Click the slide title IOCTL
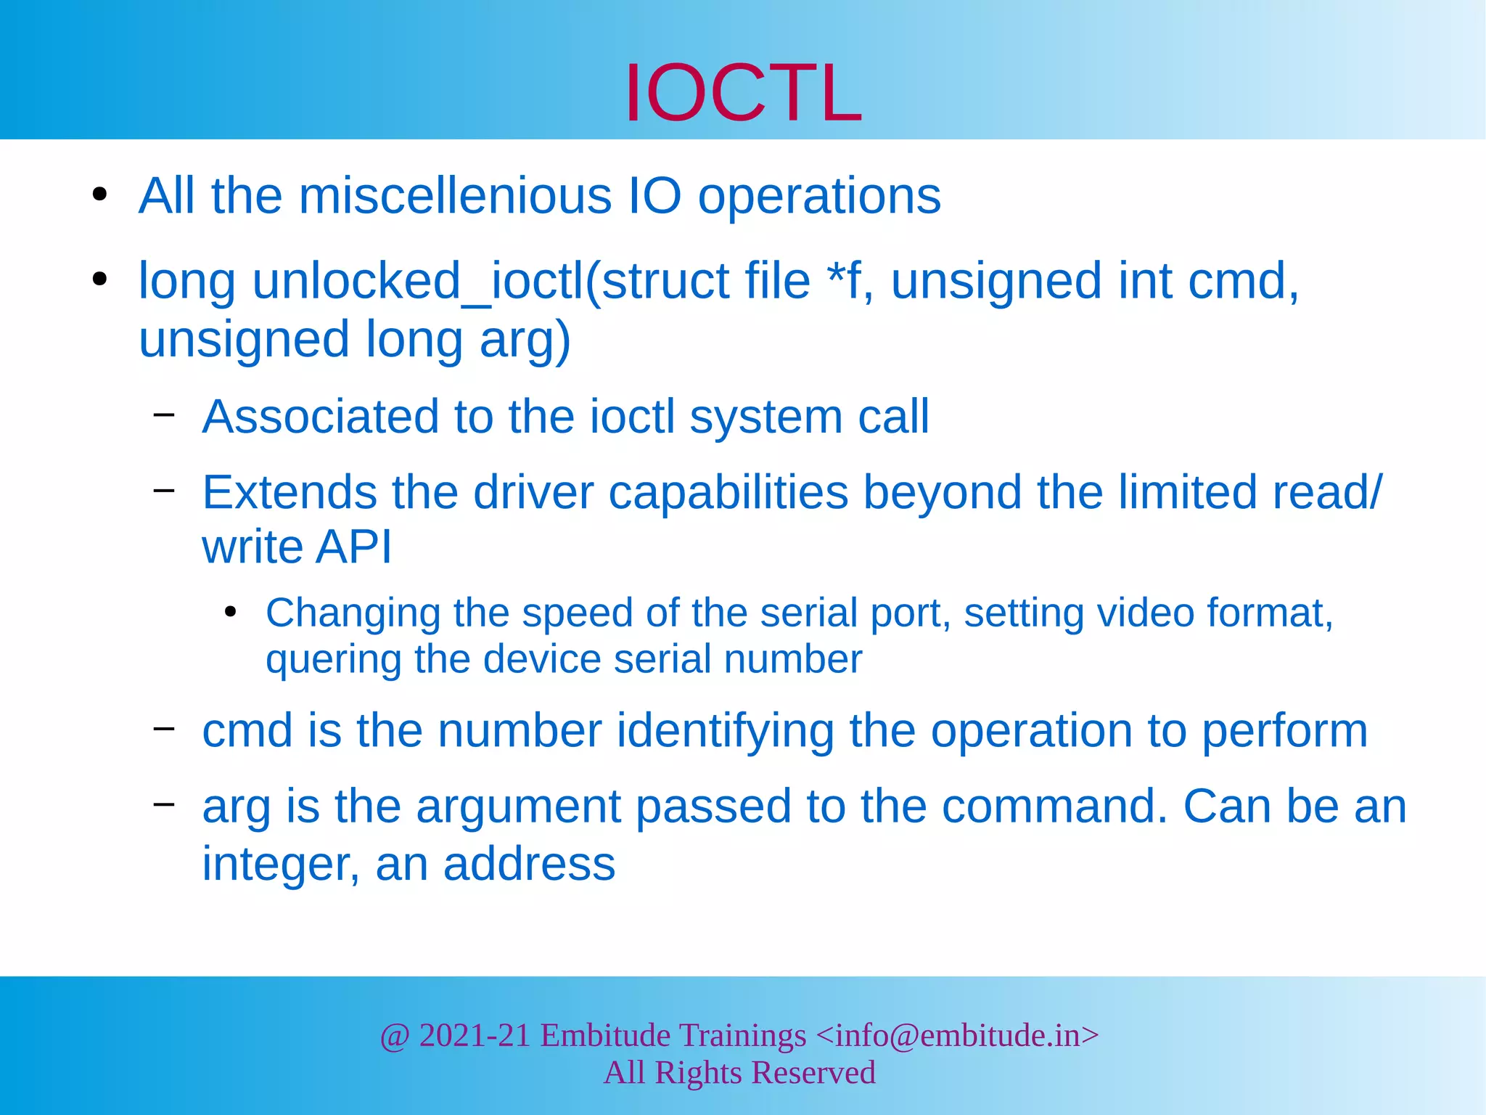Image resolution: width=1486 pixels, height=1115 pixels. click(x=743, y=93)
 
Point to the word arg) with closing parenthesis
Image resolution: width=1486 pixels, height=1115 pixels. click(x=525, y=340)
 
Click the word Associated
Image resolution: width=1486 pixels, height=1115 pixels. click(x=321, y=417)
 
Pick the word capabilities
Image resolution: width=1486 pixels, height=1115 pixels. click(x=728, y=492)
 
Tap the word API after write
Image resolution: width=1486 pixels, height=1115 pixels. click(x=354, y=547)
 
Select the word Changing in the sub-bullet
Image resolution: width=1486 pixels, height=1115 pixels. click(x=353, y=613)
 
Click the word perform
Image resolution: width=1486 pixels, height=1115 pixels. click(x=1284, y=730)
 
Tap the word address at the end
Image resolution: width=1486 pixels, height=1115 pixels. click(x=529, y=865)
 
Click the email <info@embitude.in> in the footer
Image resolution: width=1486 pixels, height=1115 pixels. click(x=957, y=1035)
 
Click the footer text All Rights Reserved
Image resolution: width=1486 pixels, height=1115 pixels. click(x=739, y=1073)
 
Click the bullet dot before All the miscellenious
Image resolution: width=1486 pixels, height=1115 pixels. click(x=100, y=195)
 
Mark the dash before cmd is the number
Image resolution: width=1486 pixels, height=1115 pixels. click(x=164, y=727)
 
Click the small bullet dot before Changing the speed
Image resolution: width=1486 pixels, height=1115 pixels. click(x=231, y=612)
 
